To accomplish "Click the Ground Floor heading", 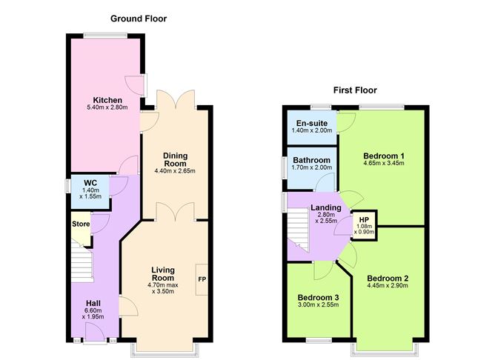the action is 139,19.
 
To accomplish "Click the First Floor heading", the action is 355,90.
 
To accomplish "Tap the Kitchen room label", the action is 107,100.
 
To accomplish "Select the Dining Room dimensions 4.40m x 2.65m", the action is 175,171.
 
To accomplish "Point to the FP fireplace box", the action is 202,279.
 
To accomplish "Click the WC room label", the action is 90,183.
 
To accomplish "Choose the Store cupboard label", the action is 81,224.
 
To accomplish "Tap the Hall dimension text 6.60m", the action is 93,311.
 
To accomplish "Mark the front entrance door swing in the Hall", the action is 95,332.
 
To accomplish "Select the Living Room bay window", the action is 165,350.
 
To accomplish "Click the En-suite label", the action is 311,123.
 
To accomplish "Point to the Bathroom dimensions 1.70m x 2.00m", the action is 311,167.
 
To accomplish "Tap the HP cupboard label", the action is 364,220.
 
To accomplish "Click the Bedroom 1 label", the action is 384,156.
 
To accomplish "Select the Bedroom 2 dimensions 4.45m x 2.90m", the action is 388,285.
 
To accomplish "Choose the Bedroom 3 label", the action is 318,298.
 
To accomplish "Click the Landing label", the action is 326,207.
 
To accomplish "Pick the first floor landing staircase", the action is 299,230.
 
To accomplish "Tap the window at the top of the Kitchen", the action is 105,36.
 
